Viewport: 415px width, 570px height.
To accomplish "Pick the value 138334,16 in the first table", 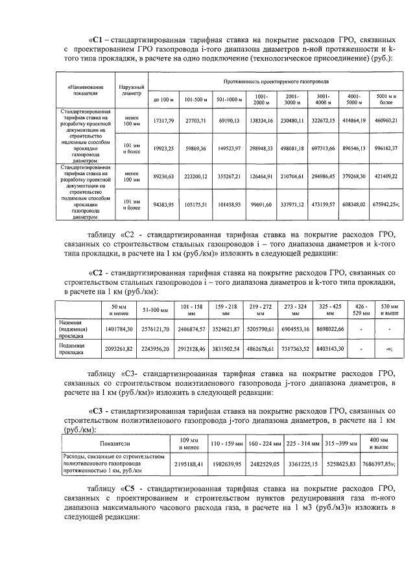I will click(260, 121).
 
